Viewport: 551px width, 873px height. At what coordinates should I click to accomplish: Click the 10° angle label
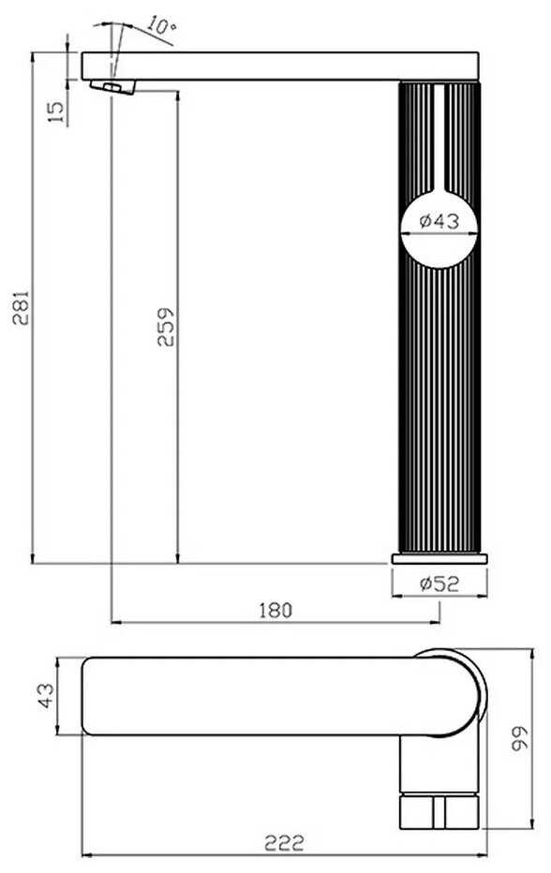(162, 25)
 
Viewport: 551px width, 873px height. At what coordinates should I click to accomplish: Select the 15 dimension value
(56, 111)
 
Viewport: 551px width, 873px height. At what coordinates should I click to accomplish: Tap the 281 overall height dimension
(22, 307)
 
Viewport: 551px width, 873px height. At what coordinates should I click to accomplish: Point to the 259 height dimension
(166, 327)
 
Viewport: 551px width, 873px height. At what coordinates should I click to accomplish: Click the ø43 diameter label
(439, 221)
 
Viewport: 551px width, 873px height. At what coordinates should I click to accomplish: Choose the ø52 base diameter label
(439, 584)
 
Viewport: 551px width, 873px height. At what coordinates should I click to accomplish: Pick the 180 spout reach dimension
(275, 610)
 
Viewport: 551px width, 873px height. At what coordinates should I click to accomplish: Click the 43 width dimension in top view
(47, 695)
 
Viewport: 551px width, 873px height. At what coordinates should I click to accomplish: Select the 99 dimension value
(521, 738)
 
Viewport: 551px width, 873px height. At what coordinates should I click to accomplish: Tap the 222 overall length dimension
(284, 843)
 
